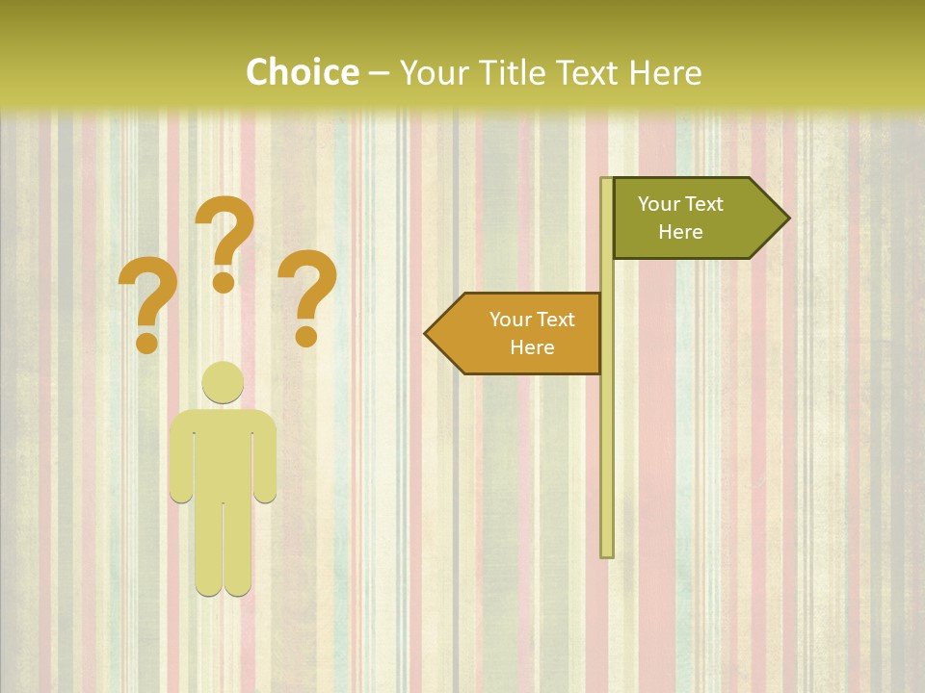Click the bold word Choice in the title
coord(302,73)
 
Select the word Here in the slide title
coord(665,73)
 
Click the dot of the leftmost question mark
coord(146,342)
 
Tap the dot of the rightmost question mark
coord(306,336)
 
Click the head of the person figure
coord(223,382)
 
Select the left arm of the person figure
coord(180,462)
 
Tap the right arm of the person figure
coord(265,462)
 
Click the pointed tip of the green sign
coord(787,218)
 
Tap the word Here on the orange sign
coord(532,347)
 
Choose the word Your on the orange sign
coord(511,320)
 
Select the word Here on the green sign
coord(680,232)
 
